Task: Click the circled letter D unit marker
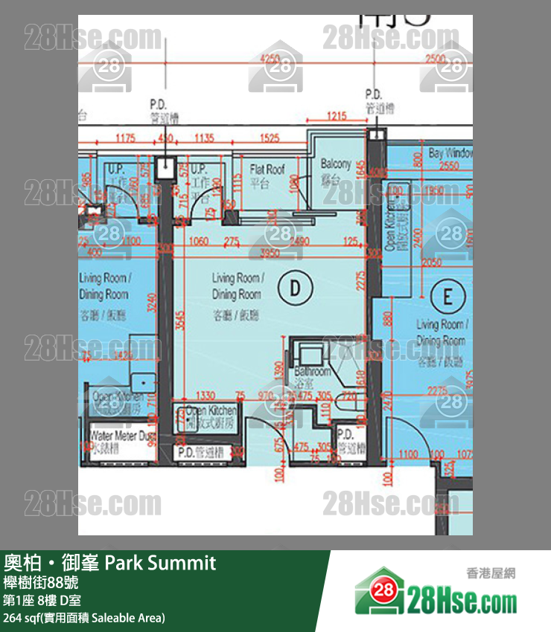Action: point(295,287)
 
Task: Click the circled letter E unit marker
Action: point(448,297)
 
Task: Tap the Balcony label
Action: point(335,170)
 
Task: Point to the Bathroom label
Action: point(312,375)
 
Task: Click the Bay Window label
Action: point(450,153)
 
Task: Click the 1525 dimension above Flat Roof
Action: point(270,138)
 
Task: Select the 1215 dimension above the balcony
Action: point(337,116)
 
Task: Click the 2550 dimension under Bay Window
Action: point(448,167)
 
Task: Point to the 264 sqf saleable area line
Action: point(84,618)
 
